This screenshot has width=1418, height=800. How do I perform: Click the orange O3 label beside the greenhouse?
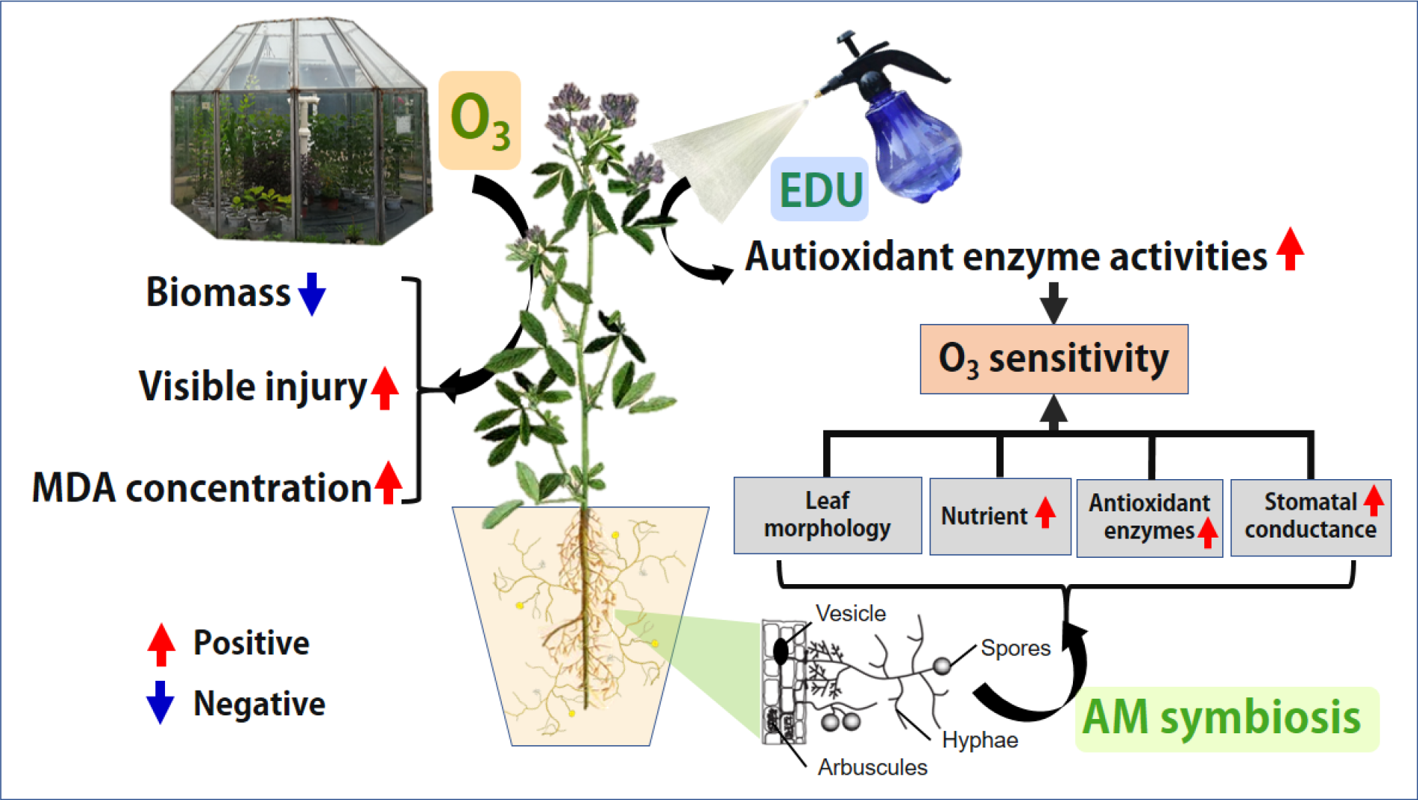pos(479,121)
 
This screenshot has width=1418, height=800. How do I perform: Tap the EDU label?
pos(820,190)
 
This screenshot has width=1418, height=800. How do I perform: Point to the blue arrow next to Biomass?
pos(312,293)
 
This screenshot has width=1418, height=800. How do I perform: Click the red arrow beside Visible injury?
pos(385,388)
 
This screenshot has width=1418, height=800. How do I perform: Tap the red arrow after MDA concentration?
pos(389,483)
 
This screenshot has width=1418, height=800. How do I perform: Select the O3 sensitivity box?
pos(1053,359)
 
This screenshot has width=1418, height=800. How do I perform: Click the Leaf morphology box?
pos(827,515)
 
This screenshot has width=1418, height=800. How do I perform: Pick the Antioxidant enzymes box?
pos(1149,517)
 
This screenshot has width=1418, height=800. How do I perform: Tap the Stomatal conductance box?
pos(1310,517)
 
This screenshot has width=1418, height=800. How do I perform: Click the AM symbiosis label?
pos(1221,718)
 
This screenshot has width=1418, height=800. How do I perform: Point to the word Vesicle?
pos(851,613)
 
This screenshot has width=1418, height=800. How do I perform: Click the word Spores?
pos(1015,648)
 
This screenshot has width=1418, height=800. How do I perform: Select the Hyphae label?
pos(980,740)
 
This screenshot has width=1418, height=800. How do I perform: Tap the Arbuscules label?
pos(872,767)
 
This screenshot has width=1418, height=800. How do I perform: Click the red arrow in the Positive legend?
pos(161,644)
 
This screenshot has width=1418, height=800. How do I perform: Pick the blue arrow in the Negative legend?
pos(160,702)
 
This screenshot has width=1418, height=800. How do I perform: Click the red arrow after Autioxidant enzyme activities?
pos(1290,249)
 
